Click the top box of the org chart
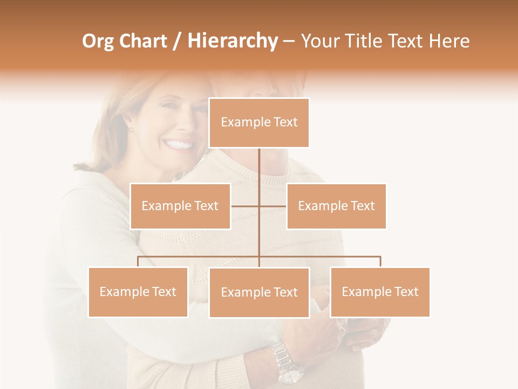[x=259, y=123]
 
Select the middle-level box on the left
[x=180, y=206]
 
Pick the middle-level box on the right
[x=336, y=206]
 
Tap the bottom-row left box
[x=138, y=292]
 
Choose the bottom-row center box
[x=259, y=292]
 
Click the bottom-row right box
[x=380, y=292]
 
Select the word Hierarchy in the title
[x=232, y=42]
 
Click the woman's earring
[x=130, y=130]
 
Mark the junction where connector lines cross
[x=259, y=206]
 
